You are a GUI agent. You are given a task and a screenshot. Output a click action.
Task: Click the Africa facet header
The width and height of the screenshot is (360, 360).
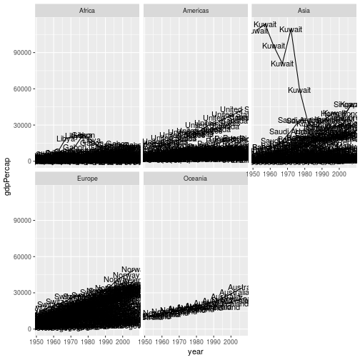88,11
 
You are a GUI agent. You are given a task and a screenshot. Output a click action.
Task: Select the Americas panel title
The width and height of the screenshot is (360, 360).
196,11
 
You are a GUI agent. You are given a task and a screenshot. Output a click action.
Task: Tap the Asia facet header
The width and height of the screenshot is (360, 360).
304,11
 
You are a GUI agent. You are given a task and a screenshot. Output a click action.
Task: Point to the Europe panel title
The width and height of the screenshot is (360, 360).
88,178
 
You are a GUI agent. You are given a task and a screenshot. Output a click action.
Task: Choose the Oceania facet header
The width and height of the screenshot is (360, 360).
196,178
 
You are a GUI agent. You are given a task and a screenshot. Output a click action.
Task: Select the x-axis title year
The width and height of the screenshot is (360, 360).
196,351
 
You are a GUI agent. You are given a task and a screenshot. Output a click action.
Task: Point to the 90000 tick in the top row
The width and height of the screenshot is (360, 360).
20,53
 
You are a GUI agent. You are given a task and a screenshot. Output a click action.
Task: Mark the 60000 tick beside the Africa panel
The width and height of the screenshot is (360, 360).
20,89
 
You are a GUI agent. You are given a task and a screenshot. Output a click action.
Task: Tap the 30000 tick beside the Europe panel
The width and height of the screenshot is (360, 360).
20,293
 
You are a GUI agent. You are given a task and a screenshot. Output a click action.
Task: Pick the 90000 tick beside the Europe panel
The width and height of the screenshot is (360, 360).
20,221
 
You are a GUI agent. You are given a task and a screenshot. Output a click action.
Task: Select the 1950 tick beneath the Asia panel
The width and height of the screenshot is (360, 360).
254,174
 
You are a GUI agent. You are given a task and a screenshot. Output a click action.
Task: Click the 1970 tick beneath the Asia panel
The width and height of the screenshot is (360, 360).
288,174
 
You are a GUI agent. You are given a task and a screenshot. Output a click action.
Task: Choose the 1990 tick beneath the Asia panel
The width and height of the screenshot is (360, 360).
322,174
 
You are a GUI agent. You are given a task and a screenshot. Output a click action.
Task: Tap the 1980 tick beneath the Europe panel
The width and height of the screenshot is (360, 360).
89,341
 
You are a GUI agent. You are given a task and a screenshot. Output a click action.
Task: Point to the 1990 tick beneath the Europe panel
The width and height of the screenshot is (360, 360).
106,341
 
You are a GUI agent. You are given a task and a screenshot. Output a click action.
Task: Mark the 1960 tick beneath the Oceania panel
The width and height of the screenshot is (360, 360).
162,341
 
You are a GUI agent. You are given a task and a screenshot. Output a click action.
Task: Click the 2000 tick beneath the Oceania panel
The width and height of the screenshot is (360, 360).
231,341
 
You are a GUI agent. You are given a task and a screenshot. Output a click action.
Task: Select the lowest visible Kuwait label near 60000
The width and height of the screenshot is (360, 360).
299,90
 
